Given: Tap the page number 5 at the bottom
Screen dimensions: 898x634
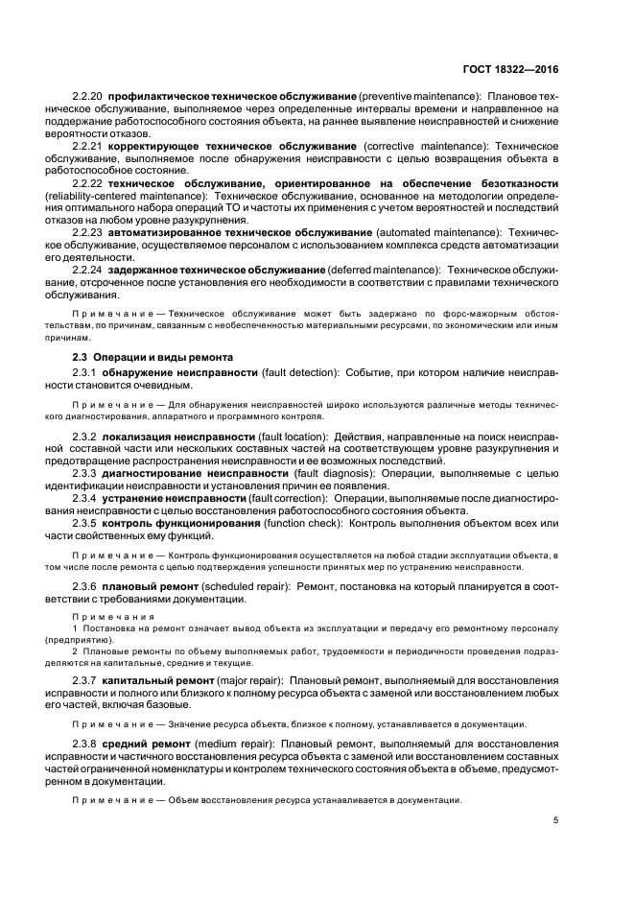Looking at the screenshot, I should point(556,819).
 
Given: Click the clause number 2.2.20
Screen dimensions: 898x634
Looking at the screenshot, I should point(88,98).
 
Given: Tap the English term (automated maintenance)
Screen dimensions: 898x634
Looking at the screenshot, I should point(438,232).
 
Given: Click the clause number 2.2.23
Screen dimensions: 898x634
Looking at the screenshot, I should point(88,232).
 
